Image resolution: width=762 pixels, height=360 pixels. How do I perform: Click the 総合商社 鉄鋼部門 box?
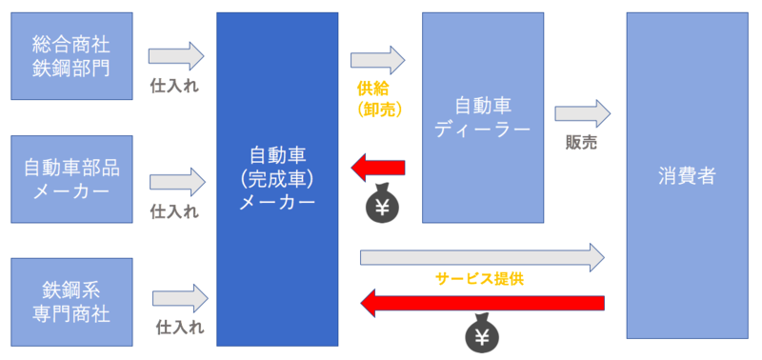coord(71,56)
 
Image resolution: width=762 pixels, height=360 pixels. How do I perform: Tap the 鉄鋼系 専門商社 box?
coord(71,300)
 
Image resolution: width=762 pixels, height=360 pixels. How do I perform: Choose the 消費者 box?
coord(686,176)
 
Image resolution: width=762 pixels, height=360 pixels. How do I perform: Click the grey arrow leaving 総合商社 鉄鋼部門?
coord(177,56)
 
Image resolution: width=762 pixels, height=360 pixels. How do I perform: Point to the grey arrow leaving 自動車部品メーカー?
coord(177,180)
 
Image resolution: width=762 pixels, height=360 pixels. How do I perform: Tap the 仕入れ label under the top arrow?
coord(174,85)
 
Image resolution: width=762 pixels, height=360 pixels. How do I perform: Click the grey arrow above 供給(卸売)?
coord(378,60)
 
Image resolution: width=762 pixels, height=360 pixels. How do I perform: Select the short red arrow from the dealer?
coord(378,168)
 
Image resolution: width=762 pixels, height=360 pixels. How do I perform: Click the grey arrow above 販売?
coord(582,113)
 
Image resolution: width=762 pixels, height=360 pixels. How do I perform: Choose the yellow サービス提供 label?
coord(480,279)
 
